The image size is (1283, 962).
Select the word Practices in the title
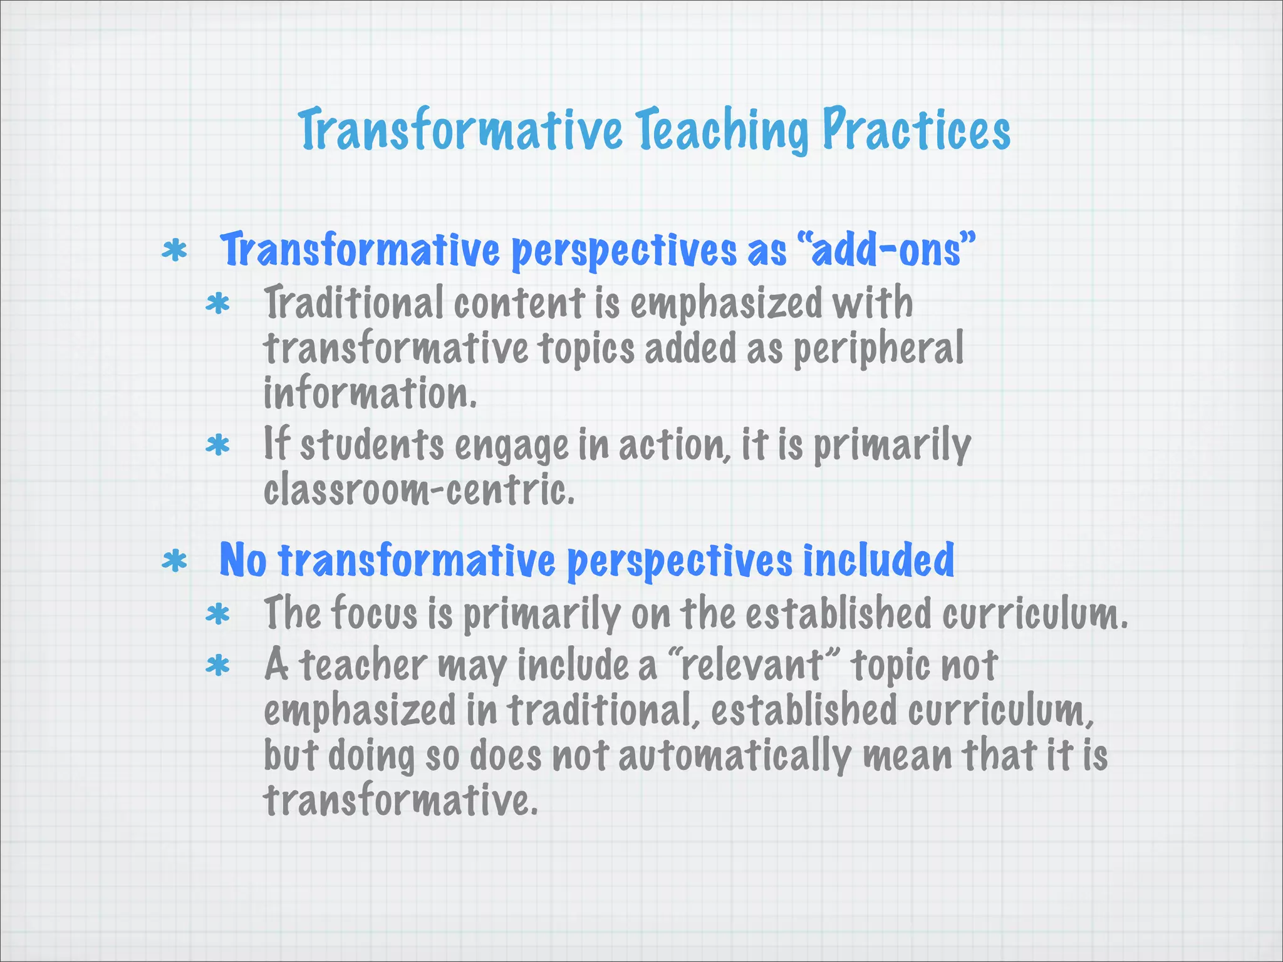tap(916, 130)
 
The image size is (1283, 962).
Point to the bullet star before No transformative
tap(174, 561)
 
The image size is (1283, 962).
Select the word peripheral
tap(879, 349)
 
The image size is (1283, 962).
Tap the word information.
tap(370, 394)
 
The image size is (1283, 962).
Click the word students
tap(372, 445)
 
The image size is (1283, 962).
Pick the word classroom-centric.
tap(418, 490)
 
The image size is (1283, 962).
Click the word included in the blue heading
tap(878, 560)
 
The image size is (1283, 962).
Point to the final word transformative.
tap(400, 801)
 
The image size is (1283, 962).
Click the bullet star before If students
tap(218, 446)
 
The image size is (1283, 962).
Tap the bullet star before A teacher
tap(218, 666)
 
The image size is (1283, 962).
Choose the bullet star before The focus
tap(218, 614)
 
